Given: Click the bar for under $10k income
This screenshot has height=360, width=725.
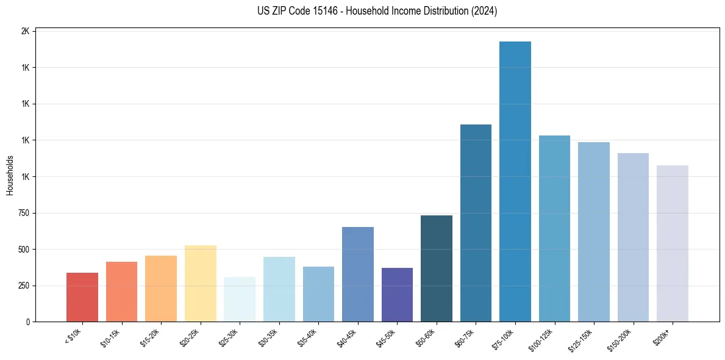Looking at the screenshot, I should click(x=82, y=297).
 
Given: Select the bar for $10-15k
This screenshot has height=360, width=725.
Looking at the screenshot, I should click(x=121, y=292).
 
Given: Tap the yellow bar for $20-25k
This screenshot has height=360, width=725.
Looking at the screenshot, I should click(x=200, y=284).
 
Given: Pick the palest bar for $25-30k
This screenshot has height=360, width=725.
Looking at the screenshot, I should click(x=240, y=300).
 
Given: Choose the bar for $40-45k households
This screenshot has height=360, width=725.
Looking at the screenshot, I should click(x=357, y=275).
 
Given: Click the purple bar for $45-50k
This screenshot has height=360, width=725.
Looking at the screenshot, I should click(x=397, y=295).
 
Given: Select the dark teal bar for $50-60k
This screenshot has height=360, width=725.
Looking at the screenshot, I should click(x=436, y=268).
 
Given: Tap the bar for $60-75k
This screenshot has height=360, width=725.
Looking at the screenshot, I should click(x=476, y=223).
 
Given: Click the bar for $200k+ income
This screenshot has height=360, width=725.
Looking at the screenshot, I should click(x=672, y=243).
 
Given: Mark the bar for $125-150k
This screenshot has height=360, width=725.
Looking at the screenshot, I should click(x=593, y=232).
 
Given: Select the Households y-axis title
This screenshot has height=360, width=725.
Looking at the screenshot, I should click(x=10, y=175).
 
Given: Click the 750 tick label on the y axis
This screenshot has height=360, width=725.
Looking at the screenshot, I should click(x=23, y=213).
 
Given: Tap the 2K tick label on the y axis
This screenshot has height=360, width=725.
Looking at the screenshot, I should click(x=25, y=31).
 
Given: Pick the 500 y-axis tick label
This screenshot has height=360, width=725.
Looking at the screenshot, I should click(x=23, y=250).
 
